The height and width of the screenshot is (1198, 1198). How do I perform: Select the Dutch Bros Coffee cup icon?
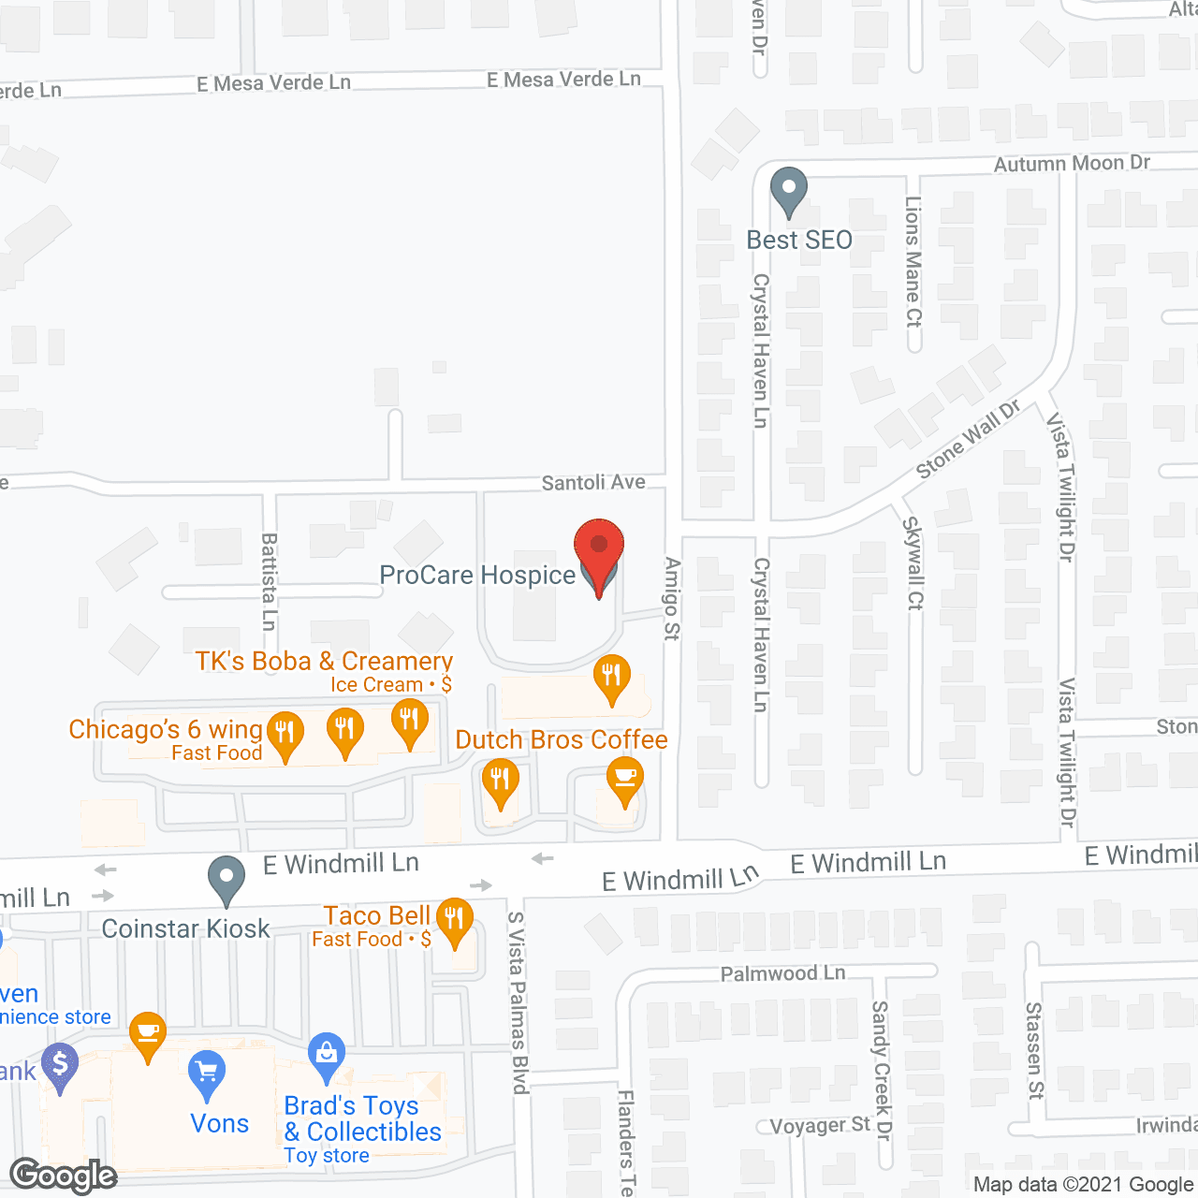(624, 779)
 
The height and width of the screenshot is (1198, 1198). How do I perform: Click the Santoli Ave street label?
(593, 483)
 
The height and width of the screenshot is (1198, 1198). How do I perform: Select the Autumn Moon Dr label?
(1072, 164)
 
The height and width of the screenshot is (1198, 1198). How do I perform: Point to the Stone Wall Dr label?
(968, 439)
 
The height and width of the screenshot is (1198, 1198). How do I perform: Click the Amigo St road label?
(671, 599)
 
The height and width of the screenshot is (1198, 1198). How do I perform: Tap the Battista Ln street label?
(270, 581)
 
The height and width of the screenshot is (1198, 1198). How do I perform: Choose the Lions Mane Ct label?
(913, 261)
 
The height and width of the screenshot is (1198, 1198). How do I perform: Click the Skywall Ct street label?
(913, 563)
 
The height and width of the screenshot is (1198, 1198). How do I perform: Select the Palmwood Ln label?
(782, 974)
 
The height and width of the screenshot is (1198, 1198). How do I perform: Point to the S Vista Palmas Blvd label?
(518, 1002)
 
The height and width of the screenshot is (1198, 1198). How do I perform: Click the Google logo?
(64, 1176)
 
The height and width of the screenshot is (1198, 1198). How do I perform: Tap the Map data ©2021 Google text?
(1083, 1185)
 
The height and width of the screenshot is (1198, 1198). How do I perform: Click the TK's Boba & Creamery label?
(324, 662)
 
